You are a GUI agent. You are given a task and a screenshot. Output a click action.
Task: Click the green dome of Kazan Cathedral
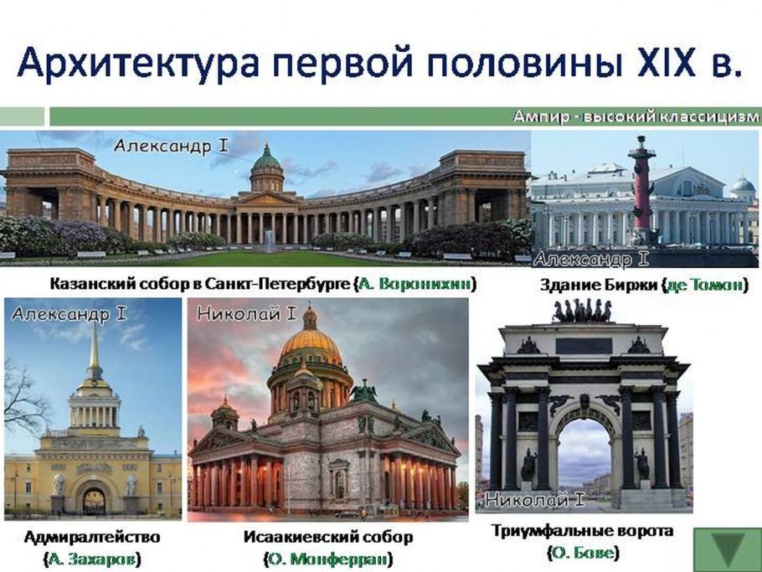coord(267,159)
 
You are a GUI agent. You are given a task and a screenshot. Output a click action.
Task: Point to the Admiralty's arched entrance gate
coord(93,499)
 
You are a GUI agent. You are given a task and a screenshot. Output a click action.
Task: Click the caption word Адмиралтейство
coord(92,536)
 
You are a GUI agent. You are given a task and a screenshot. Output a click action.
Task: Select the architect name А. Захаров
coord(92,558)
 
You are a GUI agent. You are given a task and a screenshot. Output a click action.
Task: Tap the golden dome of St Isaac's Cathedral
coord(311,344)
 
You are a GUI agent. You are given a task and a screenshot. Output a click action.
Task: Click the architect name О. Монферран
coord(328,559)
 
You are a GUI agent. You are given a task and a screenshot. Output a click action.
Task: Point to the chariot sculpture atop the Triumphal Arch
coord(582,312)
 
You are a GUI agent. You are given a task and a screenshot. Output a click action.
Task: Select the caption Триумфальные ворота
coord(582,531)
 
